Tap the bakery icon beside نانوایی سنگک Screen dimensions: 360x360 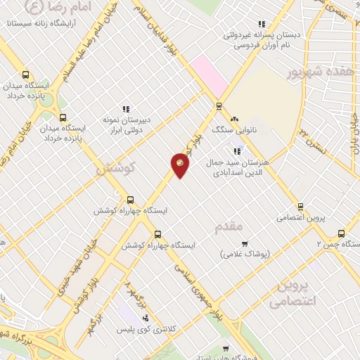click(235, 120)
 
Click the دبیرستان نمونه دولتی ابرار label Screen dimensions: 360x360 click(126, 124)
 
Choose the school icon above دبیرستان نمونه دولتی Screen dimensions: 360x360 click(126, 108)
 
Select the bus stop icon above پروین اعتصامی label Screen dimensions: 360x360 click(300, 207)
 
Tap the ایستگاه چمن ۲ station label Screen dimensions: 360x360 click(337, 244)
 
